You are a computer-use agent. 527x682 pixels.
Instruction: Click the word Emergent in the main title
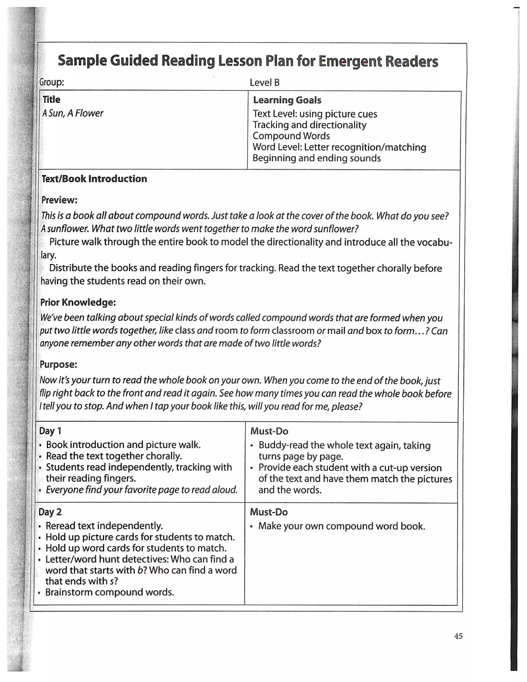coord(350,61)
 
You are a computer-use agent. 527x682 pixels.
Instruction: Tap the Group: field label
coord(52,82)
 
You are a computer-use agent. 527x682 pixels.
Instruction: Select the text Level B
coord(265,83)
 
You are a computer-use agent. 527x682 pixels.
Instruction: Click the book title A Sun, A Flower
coord(73,113)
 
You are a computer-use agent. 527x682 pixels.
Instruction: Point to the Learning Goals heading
coord(287,100)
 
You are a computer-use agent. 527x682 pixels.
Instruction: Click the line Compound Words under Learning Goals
coord(291,136)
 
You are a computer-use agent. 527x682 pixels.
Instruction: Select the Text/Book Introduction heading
coord(94,179)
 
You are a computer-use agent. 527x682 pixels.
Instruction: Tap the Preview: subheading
coord(59,200)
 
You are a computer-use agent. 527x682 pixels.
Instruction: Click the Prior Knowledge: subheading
coord(78,302)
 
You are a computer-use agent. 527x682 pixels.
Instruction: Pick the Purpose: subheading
coord(58,364)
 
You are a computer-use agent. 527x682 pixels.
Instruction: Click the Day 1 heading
coord(50,431)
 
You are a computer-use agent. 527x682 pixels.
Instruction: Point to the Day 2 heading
coord(50,512)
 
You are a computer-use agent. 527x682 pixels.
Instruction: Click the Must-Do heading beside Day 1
coord(269,431)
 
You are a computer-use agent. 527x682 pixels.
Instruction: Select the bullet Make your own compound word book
coord(341,526)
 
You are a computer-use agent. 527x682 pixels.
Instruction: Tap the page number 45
coord(458,636)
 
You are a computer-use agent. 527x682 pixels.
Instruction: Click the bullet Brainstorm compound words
coord(110,592)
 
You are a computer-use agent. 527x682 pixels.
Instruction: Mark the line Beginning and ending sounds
coord(317,158)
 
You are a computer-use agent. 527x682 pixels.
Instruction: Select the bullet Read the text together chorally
coord(114,456)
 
